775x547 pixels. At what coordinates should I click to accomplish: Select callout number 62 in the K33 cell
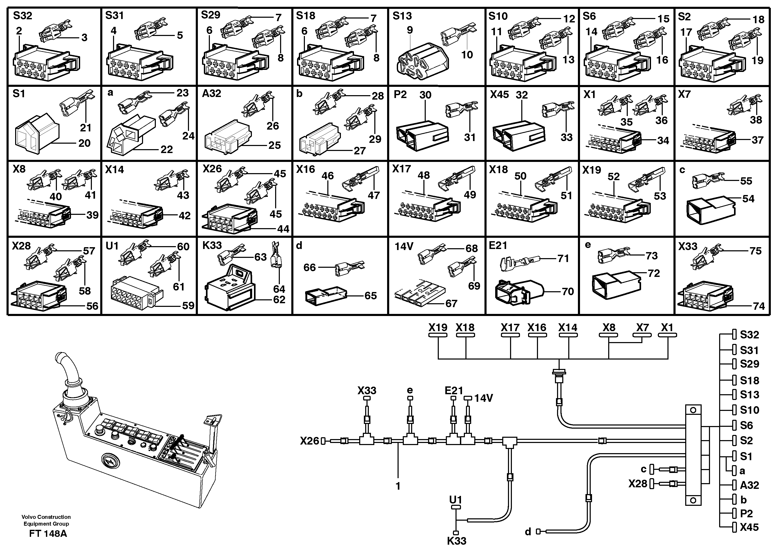tap(279, 300)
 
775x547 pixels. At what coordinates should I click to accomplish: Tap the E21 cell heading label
tap(498, 246)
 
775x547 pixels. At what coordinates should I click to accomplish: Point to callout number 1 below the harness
tap(398, 486)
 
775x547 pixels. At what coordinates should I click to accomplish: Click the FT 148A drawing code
tap(48, 534)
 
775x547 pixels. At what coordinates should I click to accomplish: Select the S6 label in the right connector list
tap(746, 425)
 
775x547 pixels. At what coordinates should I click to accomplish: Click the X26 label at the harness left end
tap(309, 441)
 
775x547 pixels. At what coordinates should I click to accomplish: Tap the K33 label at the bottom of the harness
tap(456, 541)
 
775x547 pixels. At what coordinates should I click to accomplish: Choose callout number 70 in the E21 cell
tap(568, 291)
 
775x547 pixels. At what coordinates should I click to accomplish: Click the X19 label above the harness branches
tap(438, 327)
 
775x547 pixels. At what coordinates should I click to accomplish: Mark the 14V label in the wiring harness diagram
tap(484, 398)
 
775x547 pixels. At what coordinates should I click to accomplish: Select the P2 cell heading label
tap(400, 94)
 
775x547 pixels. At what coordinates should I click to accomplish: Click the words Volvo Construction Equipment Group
tap(46, 520)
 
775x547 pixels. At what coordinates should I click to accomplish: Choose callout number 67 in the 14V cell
tap(451, 303)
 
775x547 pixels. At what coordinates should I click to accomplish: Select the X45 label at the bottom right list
tap(749, 527)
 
